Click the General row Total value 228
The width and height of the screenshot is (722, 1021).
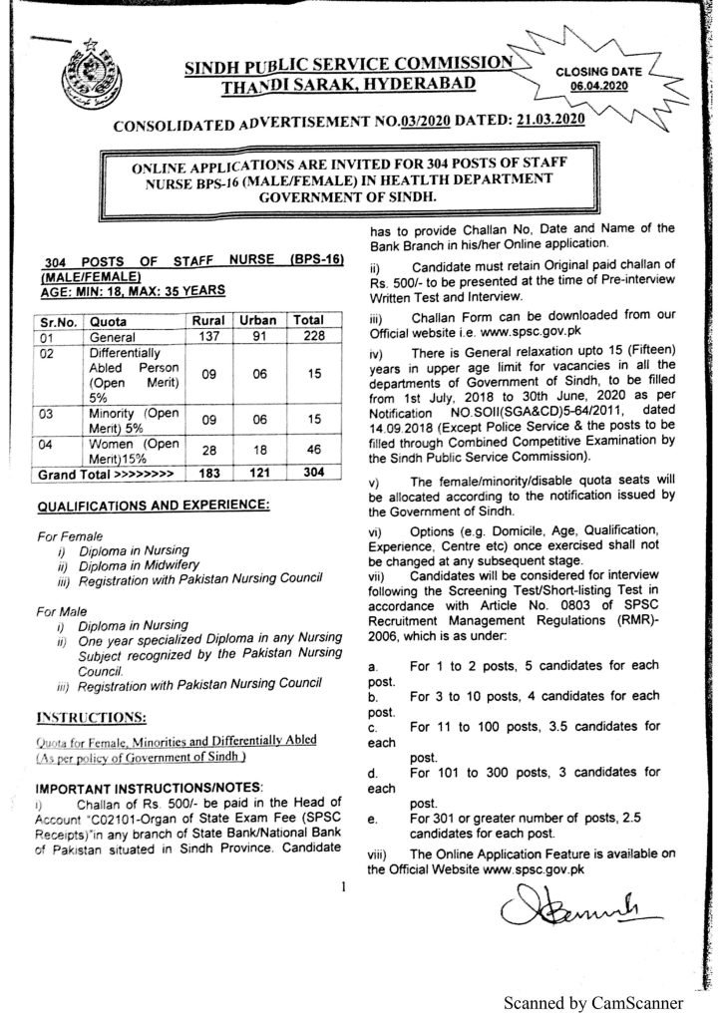pyautogui.click(x=310, y=338)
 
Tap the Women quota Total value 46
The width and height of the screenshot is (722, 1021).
pyautogui.click(x=310, y=451)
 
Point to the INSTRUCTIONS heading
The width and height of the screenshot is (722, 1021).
pyautogui.click(x=92, y=716)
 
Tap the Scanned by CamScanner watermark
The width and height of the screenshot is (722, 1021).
pyautogui.click(x=592, y=1002)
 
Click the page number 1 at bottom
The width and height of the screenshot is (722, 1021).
pyautogui.click(x=342, y=885)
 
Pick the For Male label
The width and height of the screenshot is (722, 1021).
pyautogui.click(x=62, y=608)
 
